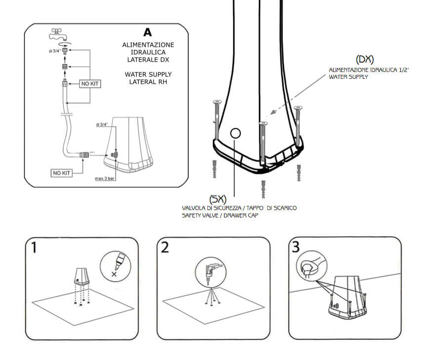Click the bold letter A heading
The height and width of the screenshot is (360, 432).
(147, 33)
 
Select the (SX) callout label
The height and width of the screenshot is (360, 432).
(217, 199)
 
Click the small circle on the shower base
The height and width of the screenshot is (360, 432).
(236, 133)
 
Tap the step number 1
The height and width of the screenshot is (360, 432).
(34, 247)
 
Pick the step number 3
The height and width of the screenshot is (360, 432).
(296, 247)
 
